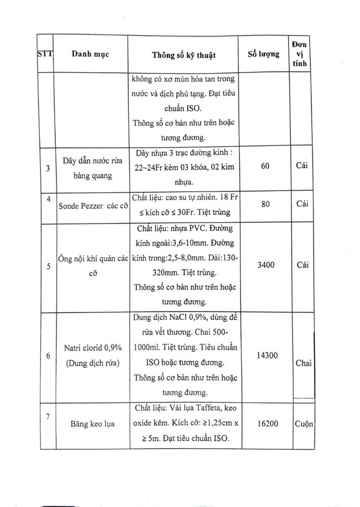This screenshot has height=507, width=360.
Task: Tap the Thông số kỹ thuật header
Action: pos(184,55)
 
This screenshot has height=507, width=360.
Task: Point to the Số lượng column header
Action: pos(263,54)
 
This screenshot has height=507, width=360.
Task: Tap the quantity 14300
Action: pos(264,355)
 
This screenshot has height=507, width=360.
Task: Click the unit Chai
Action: pos(303,364)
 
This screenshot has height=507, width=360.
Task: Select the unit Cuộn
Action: pos(303,423)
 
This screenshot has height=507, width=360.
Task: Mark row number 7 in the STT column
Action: pos(48,417)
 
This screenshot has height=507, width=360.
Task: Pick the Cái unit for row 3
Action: pos(303,166)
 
